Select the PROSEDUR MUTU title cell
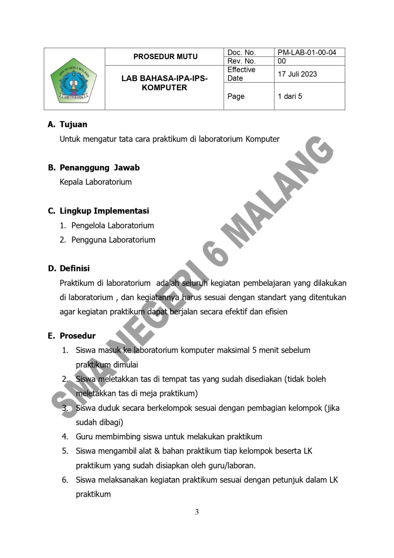(165, 57)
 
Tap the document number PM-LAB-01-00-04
(307, 53)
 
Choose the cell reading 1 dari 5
(289, 96)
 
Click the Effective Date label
(241, 74)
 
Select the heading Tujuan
(73, 124)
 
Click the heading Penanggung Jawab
(99, 168)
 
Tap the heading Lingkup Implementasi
(104, 211)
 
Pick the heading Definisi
(74, 268)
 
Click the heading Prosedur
(77, 336)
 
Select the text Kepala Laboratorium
(95, 182)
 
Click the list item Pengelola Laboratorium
(113, 226)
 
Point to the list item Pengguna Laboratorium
(113, 240)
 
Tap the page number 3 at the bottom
(197, 512)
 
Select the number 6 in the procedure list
(64, 480)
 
